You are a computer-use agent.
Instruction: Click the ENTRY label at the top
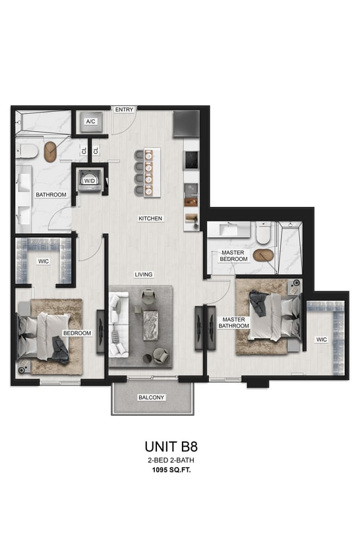pos(124,109)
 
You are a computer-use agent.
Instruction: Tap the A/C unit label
pos(91,121)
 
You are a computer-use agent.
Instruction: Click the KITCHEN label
pos(150,218)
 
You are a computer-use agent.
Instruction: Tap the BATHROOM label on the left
pos(51,195)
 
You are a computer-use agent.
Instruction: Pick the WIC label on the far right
pos(322,340)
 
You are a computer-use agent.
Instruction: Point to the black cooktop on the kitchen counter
pos(191,159)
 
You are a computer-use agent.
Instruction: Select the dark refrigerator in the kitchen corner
pos(185,123)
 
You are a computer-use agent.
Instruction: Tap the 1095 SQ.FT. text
pos(170,472)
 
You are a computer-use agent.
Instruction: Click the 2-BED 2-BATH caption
pos(170,461)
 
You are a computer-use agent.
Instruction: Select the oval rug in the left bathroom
pos(51,153)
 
